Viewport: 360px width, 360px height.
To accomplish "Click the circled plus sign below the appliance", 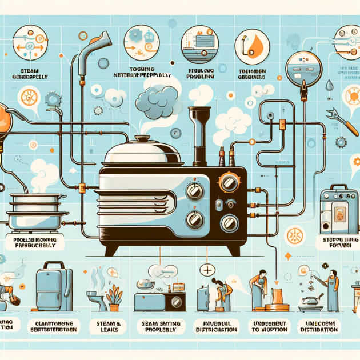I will click(x=206, y=269).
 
